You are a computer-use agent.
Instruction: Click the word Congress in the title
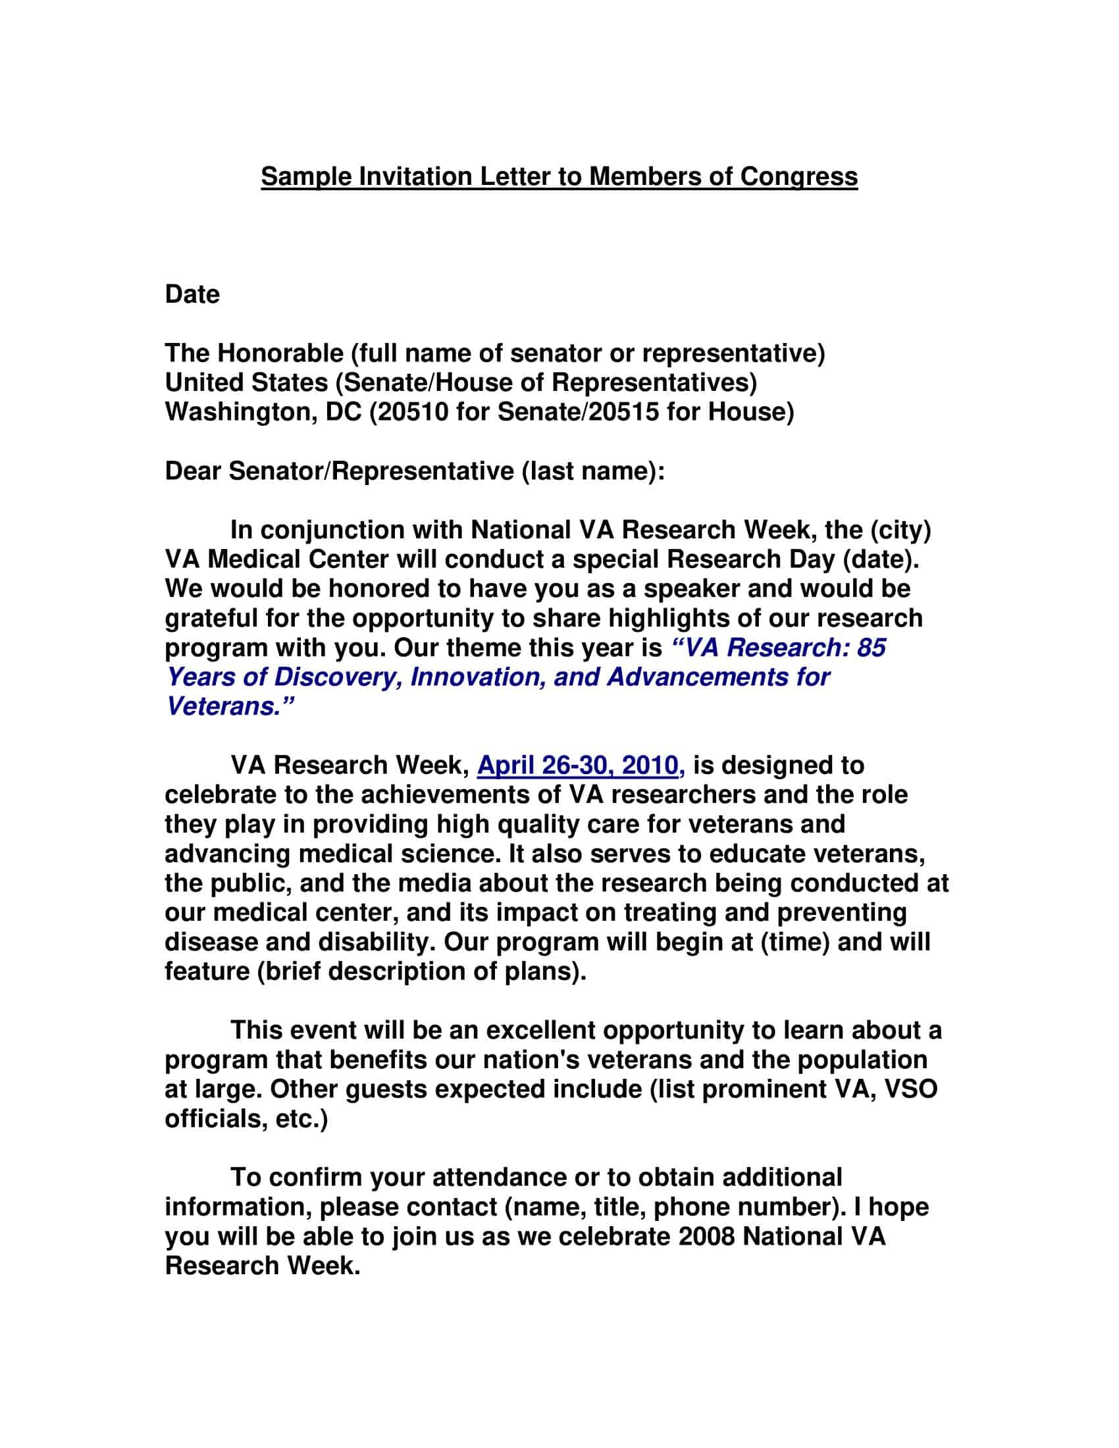point(798,177)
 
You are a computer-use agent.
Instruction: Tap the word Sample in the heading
point(304,177)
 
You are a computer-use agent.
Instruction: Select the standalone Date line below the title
point(192,294)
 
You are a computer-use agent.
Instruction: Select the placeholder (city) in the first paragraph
point(900,530)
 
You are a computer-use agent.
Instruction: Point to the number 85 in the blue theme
point(870,648)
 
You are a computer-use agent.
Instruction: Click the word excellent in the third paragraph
point(540,1030)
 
